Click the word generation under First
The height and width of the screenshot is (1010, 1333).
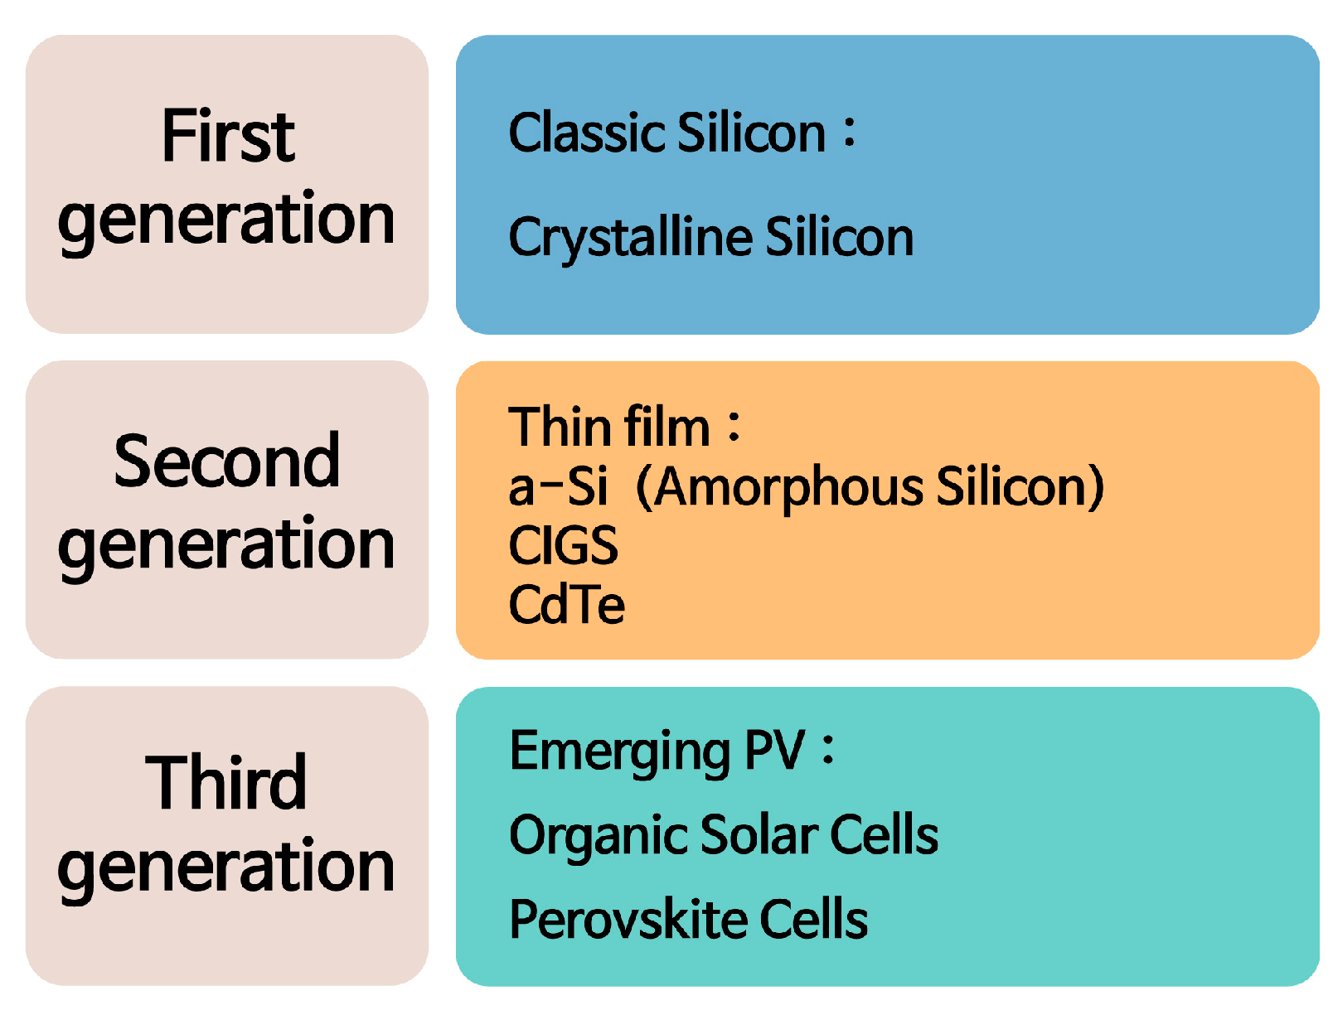point(226,223)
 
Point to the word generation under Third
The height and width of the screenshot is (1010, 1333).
point(226,870)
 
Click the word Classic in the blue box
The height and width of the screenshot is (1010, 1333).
point(588,133)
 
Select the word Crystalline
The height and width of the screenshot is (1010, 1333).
point(632,239)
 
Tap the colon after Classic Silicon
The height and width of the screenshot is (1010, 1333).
point(850,133)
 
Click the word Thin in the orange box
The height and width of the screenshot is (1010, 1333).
point(559,428)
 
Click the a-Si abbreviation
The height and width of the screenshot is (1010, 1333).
point(558,486)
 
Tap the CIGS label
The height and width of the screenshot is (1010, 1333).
point(563,545)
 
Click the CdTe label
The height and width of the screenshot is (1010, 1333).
point(566,604)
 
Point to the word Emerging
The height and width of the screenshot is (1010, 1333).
point(619,754)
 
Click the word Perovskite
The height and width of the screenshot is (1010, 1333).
point(628,918)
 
